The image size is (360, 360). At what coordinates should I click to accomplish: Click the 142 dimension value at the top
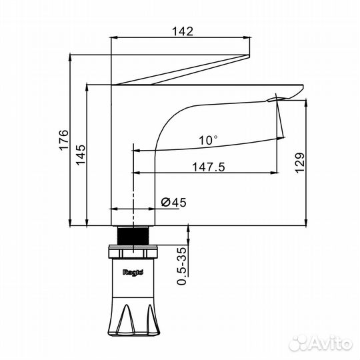(183, 31)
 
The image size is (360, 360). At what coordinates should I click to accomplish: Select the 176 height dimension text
(64, 140)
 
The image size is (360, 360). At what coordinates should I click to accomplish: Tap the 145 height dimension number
(81, 155)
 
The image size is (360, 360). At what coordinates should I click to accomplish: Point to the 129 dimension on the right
(300, 163)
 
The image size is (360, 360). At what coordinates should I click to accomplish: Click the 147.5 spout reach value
(209, 167)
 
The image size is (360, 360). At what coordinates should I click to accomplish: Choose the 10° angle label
(208, 140)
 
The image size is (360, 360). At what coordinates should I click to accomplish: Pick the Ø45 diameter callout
(174, 202)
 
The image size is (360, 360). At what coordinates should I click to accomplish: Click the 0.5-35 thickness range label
(181, 266)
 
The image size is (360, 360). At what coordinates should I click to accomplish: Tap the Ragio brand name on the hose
(133, 273)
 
